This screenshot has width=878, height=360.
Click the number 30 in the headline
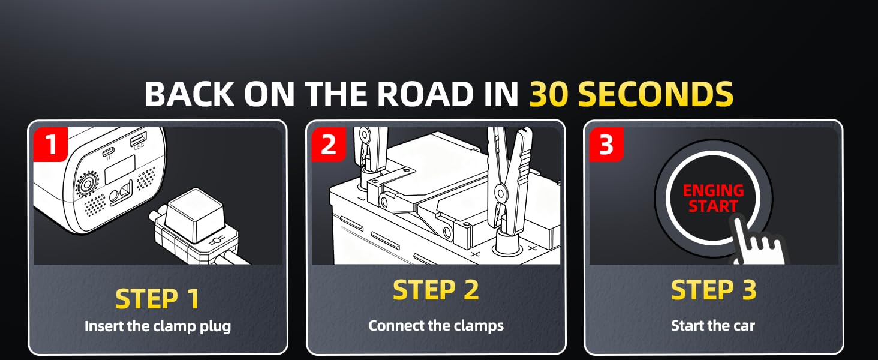click(550, 94)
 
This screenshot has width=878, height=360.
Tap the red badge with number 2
click(328, 145)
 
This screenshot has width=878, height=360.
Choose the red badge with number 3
click(606, 145)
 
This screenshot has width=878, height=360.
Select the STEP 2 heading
click(435, 290)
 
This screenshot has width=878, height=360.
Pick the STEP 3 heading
click(713, 290)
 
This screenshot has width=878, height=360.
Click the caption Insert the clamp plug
click(157, 326)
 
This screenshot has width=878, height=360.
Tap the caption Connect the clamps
click(435, 325)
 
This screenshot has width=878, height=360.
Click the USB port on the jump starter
click(139, 139)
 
